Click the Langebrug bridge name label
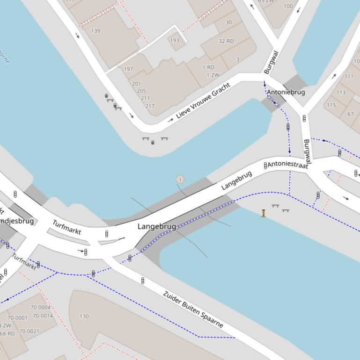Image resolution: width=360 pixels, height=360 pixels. coord(157,227)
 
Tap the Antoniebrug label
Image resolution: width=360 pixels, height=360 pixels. coord(286,92)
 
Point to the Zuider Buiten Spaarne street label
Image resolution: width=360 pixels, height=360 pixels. coord(193,309)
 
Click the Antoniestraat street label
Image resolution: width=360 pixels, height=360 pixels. coord(287,165)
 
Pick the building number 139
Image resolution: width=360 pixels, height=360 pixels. coord(96,31)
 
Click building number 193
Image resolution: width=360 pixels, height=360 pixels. coord(175,40)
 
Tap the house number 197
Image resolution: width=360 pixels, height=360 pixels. coord(128,69)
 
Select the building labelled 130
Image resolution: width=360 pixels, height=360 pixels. coord(84,317)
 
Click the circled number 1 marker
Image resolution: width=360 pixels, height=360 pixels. coord(180,180)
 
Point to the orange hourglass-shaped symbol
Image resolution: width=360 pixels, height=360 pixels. coord(264,213)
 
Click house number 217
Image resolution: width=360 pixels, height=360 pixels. coord(150,106)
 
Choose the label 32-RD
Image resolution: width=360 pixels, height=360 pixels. coord(226,41)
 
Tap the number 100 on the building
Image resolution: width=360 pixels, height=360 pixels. coord(288,6)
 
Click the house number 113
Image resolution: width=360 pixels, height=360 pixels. coord(341,93)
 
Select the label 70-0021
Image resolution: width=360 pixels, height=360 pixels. coord(29,331)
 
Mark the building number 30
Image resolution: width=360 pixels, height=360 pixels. coord(228,22)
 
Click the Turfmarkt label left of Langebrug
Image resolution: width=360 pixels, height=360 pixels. coord(66,227)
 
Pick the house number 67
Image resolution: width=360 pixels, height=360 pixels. coord(351,114)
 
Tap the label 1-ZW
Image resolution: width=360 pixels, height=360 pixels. coord(213,75)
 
